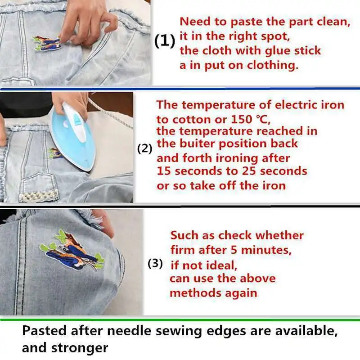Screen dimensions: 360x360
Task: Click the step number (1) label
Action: [x=164, y=41]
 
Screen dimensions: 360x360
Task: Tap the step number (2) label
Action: [x=144, y=148]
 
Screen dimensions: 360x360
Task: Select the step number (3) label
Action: [x=155, y=264]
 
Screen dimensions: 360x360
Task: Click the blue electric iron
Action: [x=74, y=135]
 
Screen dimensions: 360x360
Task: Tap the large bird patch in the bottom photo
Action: [x=74, y=254]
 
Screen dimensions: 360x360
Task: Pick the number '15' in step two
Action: [x=163, y=171]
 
